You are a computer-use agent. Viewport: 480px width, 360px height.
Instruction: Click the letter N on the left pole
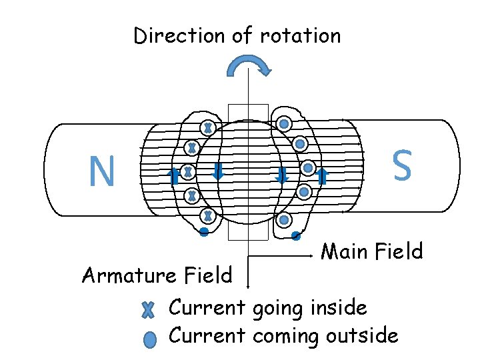[x=102, y=171]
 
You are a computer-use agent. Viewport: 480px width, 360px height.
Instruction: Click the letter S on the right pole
[x=402, y=165]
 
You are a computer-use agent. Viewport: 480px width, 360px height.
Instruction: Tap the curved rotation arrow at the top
[x=249, y=65]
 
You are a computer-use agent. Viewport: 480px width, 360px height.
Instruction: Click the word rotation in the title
[x=300, y=35]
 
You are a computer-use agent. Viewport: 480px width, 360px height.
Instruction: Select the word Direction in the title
[x=180, y=35]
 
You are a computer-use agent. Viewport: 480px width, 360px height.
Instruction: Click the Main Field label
[x=371, y=251]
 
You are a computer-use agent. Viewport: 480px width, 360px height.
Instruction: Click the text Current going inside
[x=267, y=308]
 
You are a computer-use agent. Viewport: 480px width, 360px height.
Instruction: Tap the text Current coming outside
[x=283, y=335]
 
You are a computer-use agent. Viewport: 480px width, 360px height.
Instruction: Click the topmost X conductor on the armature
[x=208, y=127]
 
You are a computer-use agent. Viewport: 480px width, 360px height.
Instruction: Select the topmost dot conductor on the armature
[x=284, y=124]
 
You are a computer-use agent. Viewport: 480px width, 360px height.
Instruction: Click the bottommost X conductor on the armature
[x=208, y=216]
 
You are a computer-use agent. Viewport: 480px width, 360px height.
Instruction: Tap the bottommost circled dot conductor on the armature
[x=284, y=220]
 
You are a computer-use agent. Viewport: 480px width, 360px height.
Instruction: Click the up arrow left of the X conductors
[x=173, y=176]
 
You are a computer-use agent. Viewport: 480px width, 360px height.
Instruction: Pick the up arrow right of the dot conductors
[x=323, y=176]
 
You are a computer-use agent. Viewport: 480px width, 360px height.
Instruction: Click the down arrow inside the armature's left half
[x=217, y=173]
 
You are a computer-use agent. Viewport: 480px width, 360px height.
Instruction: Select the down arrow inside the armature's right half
[x=281, y=175]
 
